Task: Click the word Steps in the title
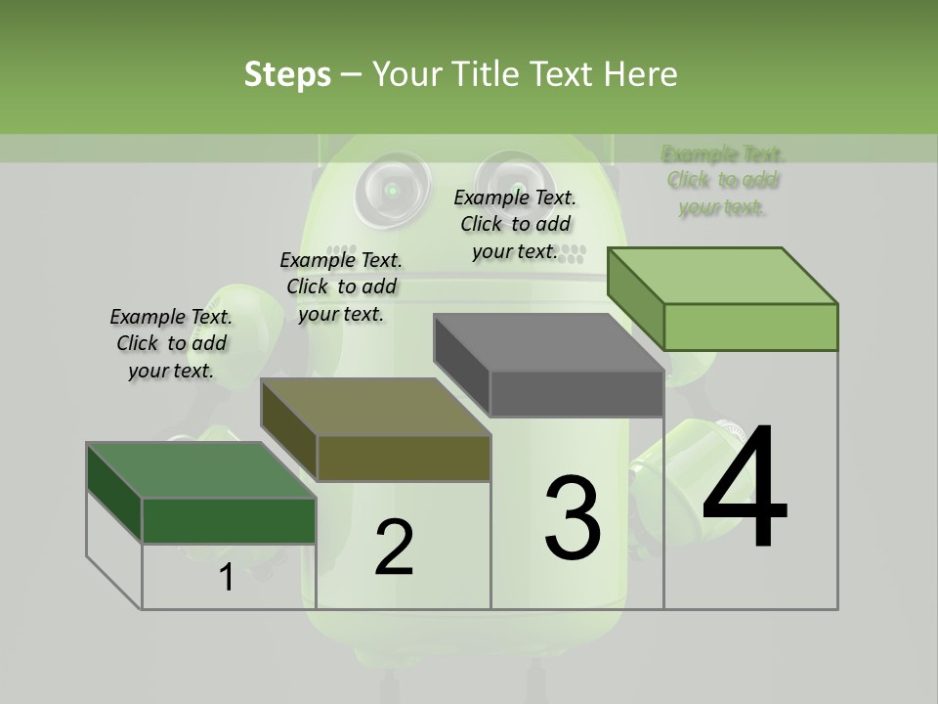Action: (x=287, y=74)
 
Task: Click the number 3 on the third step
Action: (x=573, y=518)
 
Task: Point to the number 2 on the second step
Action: (x=394, y=548)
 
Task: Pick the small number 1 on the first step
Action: (x=227, y=578)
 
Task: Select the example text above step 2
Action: (x=341, y=287)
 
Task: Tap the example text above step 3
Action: (x=515, y=225)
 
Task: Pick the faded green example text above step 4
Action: (x=723, y=181)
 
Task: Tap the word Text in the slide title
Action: (x=564, y=74)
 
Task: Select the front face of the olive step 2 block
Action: (x=404, y=459)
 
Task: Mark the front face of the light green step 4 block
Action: (x=750, y=327)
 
